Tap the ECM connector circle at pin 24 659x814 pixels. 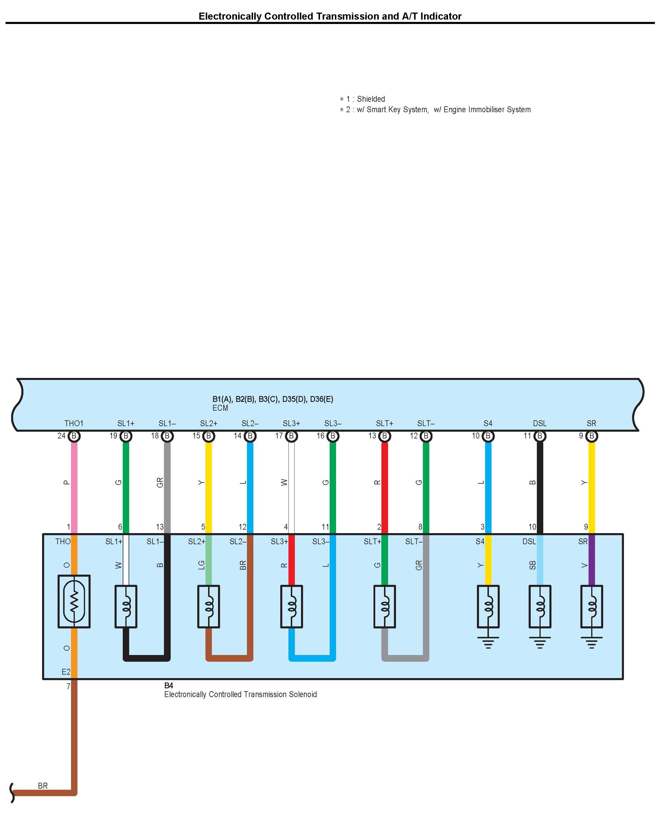(75, 436)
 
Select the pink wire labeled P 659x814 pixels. (75, 486)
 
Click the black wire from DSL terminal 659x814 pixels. (539, 486)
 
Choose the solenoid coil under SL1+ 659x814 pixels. (126, 606)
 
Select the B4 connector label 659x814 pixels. (169, 685)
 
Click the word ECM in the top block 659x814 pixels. (220, 408)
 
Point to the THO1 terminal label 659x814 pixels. (74, 423)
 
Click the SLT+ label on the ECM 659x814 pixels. (385, 423)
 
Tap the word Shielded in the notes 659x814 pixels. (371, 99)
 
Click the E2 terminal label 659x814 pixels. (66, 672)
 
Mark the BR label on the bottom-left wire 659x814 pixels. (43, 786)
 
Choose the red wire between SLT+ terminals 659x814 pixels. (385, 486)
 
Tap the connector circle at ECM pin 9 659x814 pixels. (591, 436)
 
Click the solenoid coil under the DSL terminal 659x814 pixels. (539, 606)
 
